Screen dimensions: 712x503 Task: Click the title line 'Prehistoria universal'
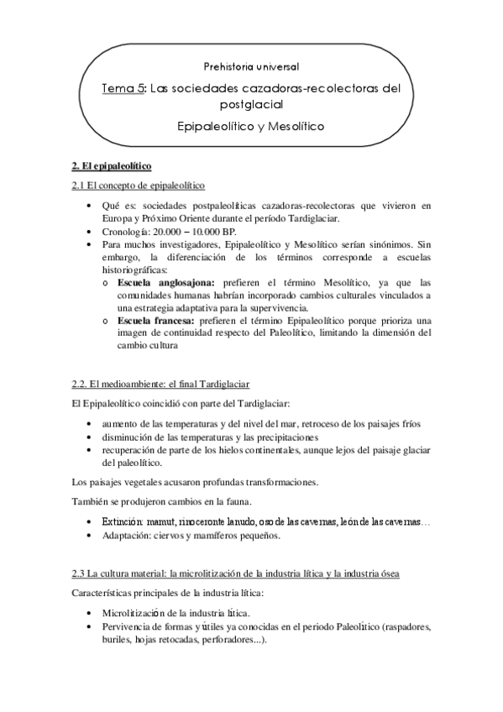coord(251,65)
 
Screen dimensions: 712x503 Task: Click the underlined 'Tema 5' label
coord(122,87)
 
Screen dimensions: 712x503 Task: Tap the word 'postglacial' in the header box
coord(250,105)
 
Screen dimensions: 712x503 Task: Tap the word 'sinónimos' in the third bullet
coord(383,243)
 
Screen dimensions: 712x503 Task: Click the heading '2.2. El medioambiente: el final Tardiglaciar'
coord(160,385)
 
